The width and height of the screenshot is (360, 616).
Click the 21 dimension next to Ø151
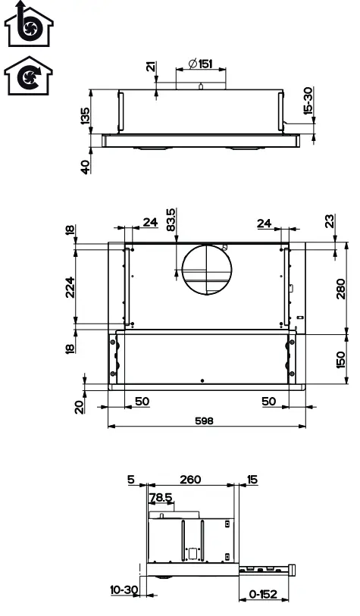coord(150,68)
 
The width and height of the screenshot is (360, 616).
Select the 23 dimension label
coord(328,221)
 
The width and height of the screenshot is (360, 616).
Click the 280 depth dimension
coord(340,289)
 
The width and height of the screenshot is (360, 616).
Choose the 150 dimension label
coord(340,360)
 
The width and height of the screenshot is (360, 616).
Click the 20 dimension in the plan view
coord(79,407)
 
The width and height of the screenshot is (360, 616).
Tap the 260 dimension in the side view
coord(192,479)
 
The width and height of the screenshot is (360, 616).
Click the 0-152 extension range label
coord(265,595)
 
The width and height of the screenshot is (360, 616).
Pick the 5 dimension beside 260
coord(131,479)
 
